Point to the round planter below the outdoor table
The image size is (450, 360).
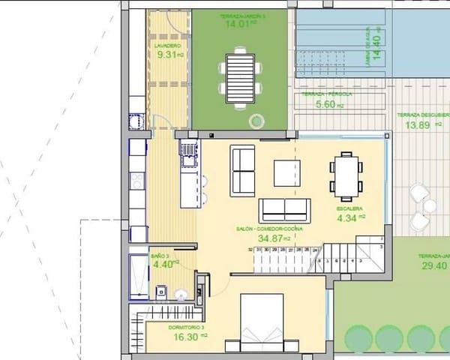tap(256, 120)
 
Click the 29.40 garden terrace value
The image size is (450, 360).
tap(433, 265)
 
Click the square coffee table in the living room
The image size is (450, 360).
tap(288, 173)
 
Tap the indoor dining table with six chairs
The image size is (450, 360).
tap(346, 174)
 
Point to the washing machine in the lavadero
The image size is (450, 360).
tap(135, 121)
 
